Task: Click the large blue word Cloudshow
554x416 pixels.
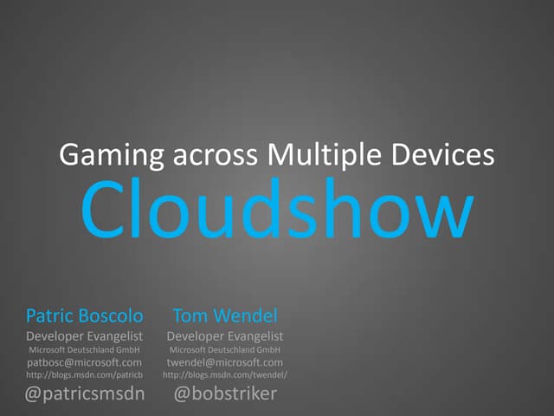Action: tap(277, 211)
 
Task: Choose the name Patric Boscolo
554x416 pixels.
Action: tap(85, 315)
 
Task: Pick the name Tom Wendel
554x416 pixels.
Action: tap(224, 315)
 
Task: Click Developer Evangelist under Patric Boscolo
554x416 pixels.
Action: tap(85, 335)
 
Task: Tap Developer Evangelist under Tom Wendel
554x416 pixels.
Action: tap(224, 335)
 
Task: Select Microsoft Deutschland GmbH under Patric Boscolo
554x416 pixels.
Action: tap(85, 349)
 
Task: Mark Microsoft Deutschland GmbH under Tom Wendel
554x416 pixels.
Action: tap(224, 349)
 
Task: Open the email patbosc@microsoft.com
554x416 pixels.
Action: tap(85, 362)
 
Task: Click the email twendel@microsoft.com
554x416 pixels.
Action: tap(224, 362)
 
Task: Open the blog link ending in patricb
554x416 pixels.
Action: tap(85, 375)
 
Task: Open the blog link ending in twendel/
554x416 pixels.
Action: tap(224, 375)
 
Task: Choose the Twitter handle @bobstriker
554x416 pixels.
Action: tap(224, 394)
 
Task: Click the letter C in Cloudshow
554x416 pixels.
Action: tap(105, 211)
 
